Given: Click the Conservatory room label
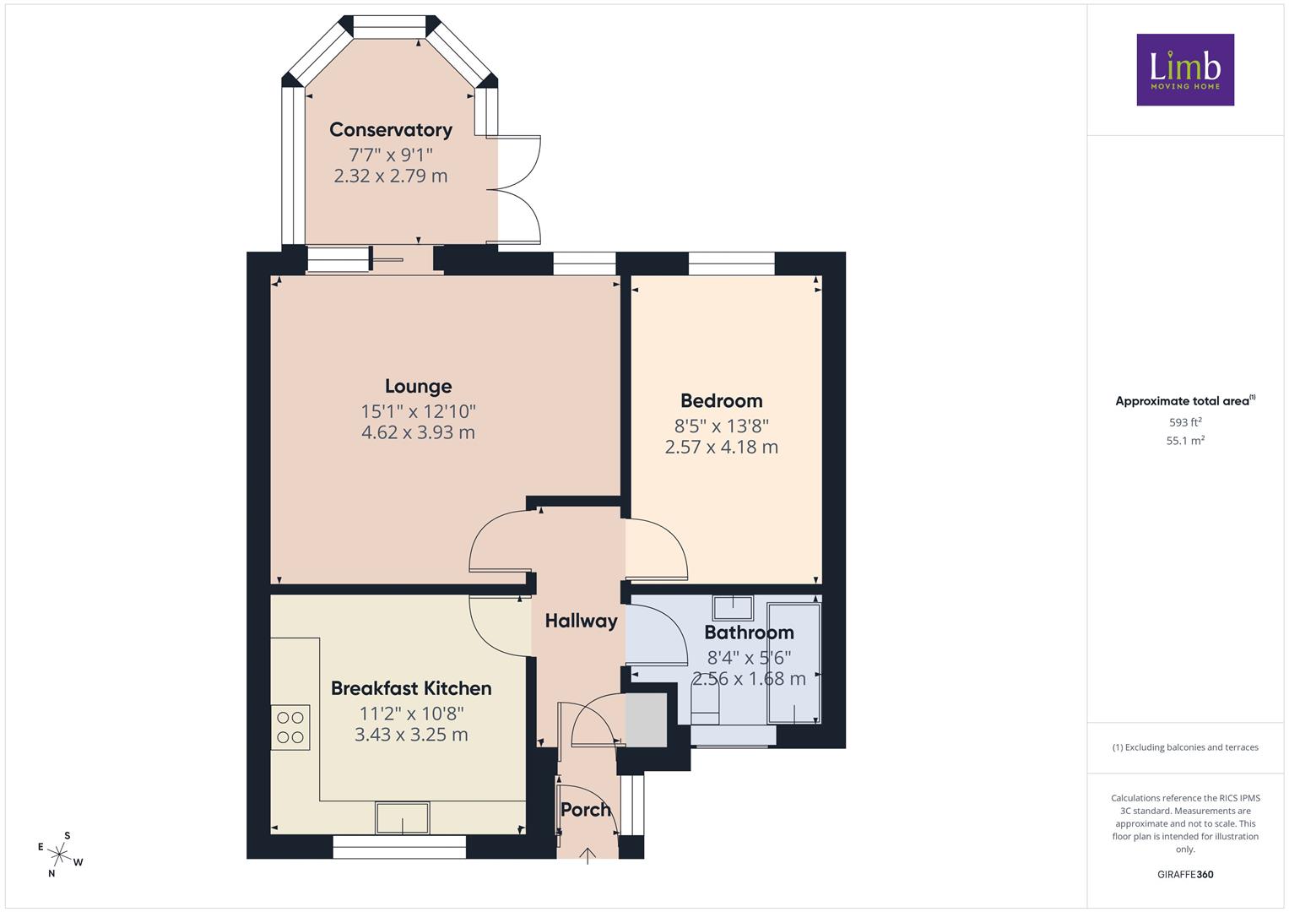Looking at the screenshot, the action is click(x=391, y=129).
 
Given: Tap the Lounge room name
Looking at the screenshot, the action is click(x=419, y=386).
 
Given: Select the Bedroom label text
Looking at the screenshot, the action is click(x=722, y=400).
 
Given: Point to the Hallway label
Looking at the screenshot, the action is click(x=582, y=621).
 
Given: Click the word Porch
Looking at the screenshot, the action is click(x=585, y=810).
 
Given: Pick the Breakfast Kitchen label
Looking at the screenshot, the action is click(x=411, y=688).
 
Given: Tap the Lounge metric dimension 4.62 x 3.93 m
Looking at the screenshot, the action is click(x=419, y=432).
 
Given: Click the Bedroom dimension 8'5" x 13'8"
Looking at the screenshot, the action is click(x=722, y=426).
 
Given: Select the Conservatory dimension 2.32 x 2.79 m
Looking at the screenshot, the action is click(x=391, y=176).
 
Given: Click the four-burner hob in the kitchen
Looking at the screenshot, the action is click(x=290, y=727).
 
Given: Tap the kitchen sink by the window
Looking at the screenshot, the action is click(x=403, y=817).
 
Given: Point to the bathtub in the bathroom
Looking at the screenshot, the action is click(x=794, y=663).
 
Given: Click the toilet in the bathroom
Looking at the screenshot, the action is click(x=705, y=705).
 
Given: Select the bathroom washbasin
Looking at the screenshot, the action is click(x=733, y=607).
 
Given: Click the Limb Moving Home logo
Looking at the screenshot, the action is click(x=1185, y=69).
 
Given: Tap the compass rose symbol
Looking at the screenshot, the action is click(x=60, y=855).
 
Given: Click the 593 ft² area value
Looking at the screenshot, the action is click(x=1185, y=422).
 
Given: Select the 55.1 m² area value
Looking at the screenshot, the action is click(x=1185, y=441).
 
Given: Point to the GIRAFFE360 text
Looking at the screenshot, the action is click(x=1185, y=874).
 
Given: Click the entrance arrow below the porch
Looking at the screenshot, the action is click(x=587, y=856).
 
